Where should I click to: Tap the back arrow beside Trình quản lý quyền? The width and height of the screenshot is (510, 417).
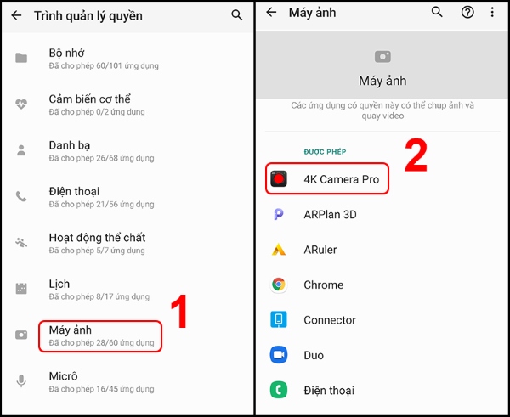16,15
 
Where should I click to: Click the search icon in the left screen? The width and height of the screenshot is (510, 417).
236,15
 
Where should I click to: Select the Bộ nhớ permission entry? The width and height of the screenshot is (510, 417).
103,58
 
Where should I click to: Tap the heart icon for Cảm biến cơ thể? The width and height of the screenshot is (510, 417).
21,104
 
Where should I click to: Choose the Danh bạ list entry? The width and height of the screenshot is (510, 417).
103,150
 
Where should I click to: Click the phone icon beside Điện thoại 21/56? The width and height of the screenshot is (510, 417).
21,196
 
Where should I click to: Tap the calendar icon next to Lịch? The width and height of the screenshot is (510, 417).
21,289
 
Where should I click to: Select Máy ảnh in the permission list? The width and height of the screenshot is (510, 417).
100,335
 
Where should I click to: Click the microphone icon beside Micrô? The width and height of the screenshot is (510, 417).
21,381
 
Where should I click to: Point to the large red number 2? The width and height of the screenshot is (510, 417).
415,157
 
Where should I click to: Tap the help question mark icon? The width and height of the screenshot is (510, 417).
467,13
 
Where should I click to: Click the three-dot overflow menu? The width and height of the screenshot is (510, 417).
492,13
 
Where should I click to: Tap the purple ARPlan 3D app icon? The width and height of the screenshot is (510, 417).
278,215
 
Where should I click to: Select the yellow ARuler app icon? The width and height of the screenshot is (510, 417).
278,250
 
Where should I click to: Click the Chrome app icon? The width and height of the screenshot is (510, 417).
278,285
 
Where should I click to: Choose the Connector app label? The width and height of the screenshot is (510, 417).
330,320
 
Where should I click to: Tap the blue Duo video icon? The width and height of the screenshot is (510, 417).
278,355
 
